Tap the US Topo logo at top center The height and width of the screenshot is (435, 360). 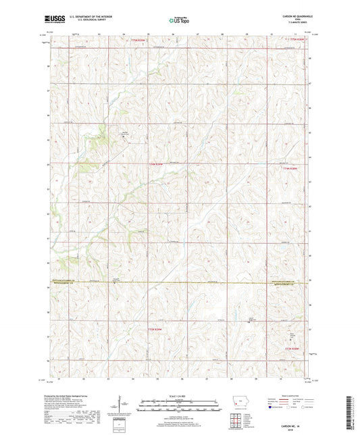coord(179,21)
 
